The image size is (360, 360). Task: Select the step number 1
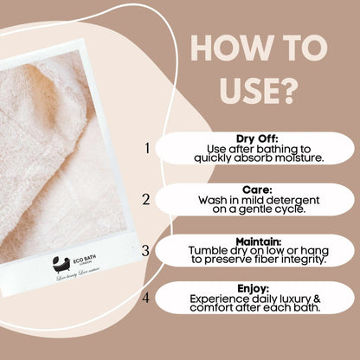[x=146, y=148]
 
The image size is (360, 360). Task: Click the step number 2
[x=146, y=199]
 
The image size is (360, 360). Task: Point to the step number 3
[x=146, y=251]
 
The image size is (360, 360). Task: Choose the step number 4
[x=146, y=299]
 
